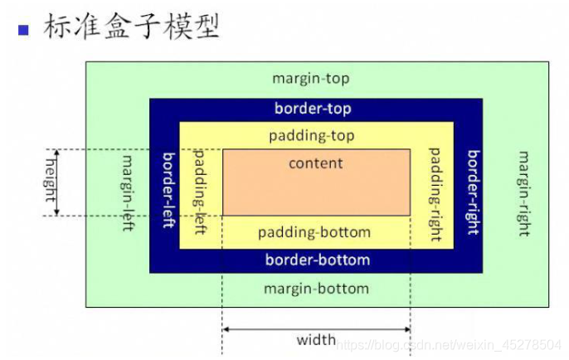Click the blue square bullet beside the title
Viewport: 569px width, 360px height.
tap(23, 30)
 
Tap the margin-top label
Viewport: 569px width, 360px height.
tap(311, 79)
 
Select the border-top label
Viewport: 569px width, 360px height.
tap(313, 109)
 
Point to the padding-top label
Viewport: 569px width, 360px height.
tap(311, 134)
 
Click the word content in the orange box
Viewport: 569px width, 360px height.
tap(315, 163)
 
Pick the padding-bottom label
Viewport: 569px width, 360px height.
tap(314, 232)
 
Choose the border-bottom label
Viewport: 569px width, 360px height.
tap(317, 260)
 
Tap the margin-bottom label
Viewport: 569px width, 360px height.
tap(316, 289)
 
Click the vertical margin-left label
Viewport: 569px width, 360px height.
tap(128, 192)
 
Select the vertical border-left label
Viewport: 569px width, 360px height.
tap(167, 190)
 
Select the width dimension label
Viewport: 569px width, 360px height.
tap(316, 340)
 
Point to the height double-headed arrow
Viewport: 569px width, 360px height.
tap(57, 182)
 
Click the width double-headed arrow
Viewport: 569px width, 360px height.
tap(316, 329)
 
